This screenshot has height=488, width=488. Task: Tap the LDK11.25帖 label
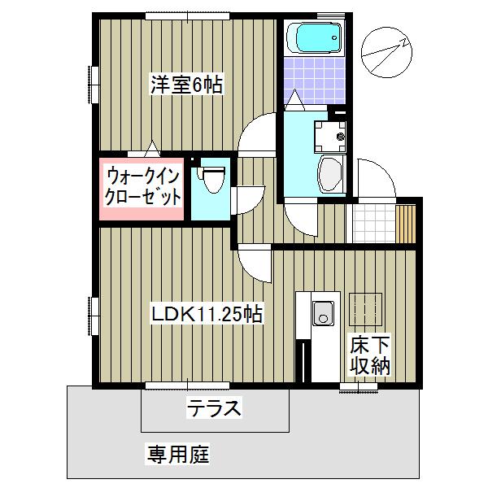click(207, 313)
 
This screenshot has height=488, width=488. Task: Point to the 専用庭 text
click(178, 453)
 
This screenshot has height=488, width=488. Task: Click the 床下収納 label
click(370, 354)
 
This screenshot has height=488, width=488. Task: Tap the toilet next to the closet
click(212, 180)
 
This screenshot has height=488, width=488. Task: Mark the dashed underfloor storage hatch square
click(364, 307)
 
